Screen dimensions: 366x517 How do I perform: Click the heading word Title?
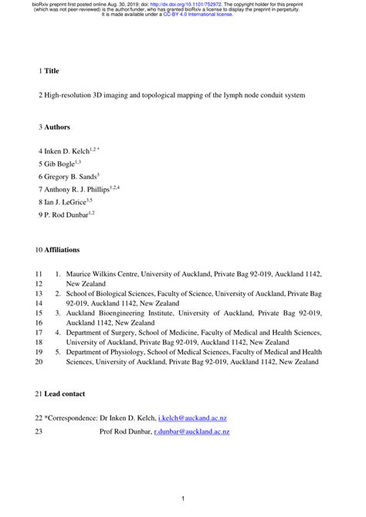click(x=52, y=70)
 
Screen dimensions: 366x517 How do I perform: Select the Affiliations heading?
click(x=68, y=250)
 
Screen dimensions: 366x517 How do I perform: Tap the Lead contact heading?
click(x=65, y=394)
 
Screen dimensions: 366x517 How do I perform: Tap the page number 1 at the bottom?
click(x=183, y=501)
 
